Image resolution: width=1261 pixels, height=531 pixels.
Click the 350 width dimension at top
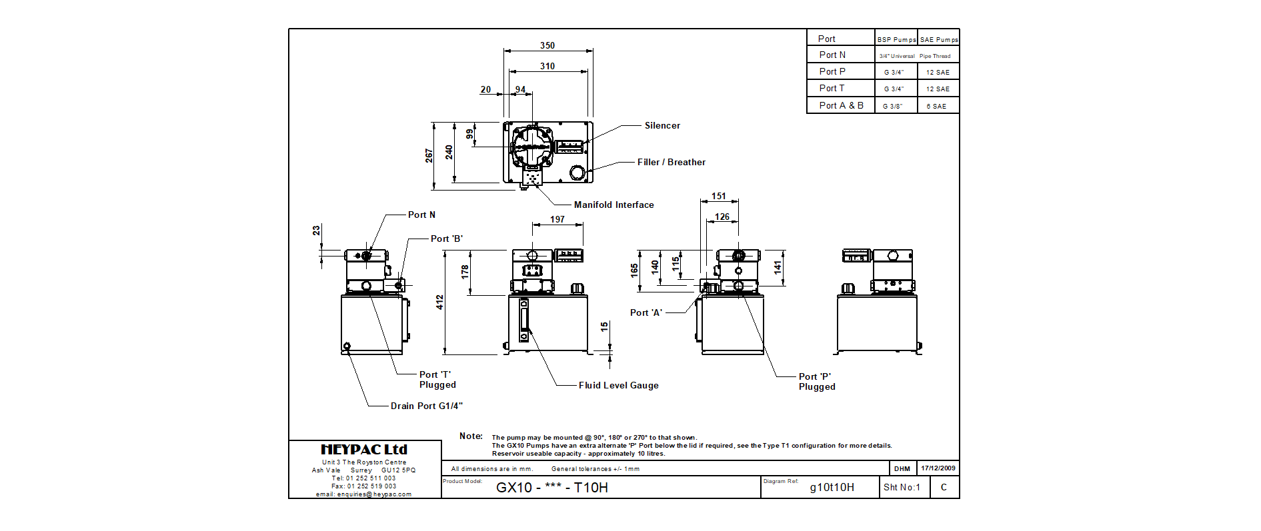point(547,45)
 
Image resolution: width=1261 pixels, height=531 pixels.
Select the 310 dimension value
point(547,66)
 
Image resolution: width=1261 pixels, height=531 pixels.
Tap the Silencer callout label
point(662,125)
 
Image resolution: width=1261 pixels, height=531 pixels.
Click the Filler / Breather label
point(671,162)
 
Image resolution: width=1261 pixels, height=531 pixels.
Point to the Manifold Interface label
point(613,205)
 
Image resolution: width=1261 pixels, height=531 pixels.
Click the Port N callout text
point(421,215)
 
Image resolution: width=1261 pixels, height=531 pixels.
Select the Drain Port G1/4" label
point(426,406)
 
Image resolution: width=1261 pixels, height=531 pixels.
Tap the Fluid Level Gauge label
point(618,385)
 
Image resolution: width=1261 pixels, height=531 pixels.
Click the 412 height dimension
point(440,302)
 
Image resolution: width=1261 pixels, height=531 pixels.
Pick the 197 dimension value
point(557,219)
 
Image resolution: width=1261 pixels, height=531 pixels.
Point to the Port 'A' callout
point(646,312)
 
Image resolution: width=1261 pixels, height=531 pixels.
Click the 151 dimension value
point(719,196)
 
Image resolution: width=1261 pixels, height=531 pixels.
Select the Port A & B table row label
point(841,105)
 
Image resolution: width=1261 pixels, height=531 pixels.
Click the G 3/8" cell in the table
point(893,106)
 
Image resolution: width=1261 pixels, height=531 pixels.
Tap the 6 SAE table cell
point(936,106)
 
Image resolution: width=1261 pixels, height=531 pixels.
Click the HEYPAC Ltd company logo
point(364,450)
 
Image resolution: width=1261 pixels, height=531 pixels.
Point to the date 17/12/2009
point(938,468)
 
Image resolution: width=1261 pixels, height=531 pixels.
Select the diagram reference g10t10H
point(832,487)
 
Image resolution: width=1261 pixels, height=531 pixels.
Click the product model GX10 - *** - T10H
point(552,487)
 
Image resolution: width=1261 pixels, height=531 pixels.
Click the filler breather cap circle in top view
point(577,173)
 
